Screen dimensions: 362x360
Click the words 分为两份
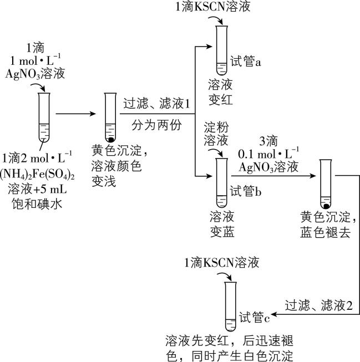156,125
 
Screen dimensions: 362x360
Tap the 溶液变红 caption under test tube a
221,91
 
